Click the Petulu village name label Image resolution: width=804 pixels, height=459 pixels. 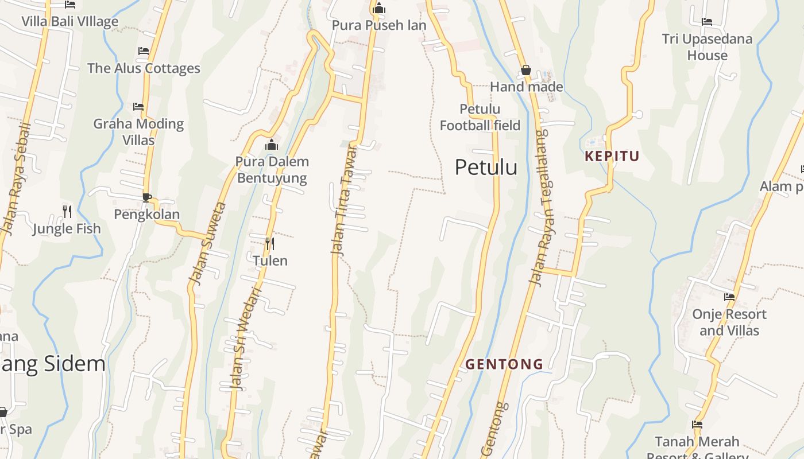[486, 167]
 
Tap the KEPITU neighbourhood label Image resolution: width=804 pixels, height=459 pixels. [612, 156]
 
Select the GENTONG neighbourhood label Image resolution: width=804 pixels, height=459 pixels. [504, 364]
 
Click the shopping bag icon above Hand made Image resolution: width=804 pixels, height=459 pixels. [525, 71]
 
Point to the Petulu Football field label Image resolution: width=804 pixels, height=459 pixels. [480, 117]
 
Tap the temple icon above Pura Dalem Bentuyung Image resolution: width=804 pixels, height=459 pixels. [272, 145]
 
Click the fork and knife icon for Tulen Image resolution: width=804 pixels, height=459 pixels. [269, 244]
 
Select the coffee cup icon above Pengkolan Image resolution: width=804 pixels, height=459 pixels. [147, 197]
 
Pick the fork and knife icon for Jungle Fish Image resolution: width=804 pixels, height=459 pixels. [67, 212]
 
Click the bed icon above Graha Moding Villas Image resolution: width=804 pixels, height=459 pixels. [138, 107]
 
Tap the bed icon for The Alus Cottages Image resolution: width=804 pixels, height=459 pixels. [144, 51]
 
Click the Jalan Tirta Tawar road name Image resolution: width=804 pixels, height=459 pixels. [343, 199]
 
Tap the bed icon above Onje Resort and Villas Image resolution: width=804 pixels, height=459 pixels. [729, 297]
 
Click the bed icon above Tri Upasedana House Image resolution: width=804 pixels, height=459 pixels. [707, 22]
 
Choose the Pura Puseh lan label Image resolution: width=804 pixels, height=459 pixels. [379, 25]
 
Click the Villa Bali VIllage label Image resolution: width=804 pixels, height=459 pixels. [70, 22]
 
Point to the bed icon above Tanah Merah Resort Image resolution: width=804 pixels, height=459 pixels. [697, 425]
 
